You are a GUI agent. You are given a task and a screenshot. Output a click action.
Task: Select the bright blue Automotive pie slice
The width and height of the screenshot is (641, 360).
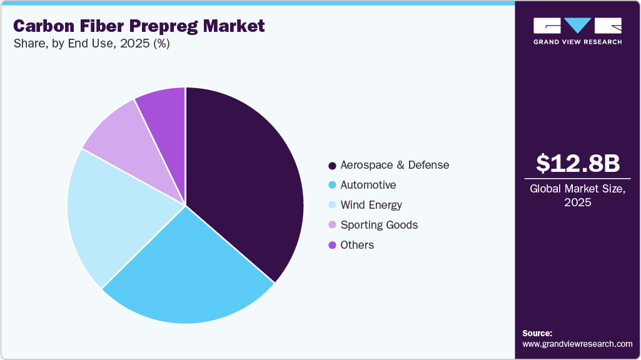point(188,275)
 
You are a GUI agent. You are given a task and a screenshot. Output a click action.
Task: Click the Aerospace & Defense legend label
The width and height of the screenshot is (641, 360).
point(394,165)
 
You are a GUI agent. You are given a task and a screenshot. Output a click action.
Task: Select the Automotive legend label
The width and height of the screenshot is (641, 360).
point(368,185)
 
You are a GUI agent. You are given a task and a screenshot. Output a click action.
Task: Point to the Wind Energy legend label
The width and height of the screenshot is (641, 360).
point(371,205)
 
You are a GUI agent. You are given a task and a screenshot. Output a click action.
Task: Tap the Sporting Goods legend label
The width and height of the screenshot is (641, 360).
point(378,225)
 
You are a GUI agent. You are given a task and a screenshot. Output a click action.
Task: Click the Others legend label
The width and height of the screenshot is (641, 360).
point(356,245)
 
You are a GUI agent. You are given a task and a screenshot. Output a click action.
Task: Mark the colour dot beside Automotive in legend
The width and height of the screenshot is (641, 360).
point(332,185)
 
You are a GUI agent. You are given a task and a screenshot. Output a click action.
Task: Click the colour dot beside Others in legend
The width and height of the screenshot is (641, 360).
point(332,245)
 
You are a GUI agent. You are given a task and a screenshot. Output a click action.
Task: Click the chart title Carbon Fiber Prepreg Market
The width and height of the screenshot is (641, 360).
point(139,26)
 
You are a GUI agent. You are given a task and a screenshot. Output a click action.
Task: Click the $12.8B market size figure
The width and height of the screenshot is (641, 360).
point(577,163)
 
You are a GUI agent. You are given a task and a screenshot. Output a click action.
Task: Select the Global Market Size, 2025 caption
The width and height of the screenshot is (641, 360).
point(577,196)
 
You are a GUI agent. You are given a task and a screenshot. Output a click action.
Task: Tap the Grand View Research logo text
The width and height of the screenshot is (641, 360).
point(577,42)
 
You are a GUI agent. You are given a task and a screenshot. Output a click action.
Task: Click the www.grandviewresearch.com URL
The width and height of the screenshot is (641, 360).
point(577,344)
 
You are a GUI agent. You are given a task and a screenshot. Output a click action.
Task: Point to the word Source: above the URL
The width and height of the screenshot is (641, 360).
point(537,333)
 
